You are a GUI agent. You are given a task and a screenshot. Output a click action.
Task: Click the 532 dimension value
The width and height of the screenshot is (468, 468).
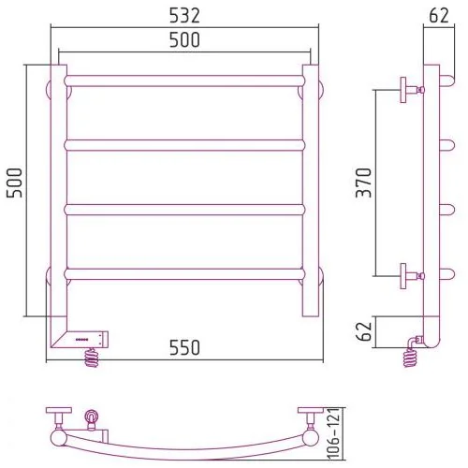click(184, 16)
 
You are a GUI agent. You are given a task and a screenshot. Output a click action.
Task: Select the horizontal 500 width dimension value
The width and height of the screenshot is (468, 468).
click(184, 40)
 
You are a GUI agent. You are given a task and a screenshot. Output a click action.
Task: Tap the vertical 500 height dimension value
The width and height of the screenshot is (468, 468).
click(15, 183)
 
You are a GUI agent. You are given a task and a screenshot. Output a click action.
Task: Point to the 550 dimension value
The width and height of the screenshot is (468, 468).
click(184, 347)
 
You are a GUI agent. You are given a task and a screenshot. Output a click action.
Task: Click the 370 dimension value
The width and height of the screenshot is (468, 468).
click(364, 183)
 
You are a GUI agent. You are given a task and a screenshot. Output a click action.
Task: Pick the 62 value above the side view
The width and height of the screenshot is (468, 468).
click(439, 16)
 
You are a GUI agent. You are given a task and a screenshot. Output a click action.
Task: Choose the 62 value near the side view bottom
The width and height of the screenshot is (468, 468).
click(364, 331)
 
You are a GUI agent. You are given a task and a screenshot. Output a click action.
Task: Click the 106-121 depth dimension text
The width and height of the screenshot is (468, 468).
click(334, 433)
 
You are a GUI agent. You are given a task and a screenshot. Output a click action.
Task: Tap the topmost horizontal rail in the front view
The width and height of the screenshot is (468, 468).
click(184, 80)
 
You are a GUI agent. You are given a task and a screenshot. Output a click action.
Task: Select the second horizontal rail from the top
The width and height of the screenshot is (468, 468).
click(184, 145)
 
